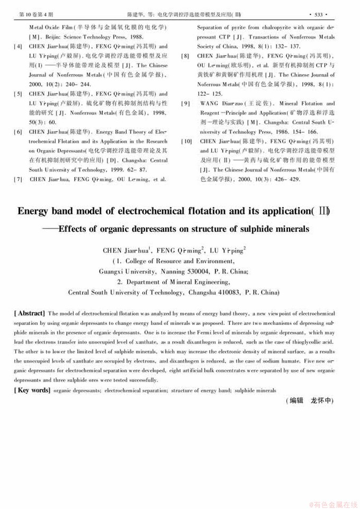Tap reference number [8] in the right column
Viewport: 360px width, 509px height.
coord(185,56)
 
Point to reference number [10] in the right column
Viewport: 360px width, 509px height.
coord(186,142)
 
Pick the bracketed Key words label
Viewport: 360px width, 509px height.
coord(32,390)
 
